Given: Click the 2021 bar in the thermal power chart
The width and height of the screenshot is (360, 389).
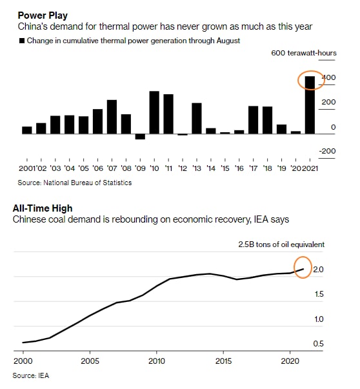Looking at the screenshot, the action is pos(310,105).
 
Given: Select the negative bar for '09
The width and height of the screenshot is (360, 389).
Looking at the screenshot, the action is pos(140,137).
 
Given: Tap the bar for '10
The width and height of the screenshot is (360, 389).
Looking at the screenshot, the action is pos(154,113).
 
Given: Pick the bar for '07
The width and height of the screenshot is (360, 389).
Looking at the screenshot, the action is pos(112,117).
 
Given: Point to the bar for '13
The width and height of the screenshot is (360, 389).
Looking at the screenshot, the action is pos(197,119).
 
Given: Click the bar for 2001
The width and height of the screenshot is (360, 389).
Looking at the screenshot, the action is pos(27,130).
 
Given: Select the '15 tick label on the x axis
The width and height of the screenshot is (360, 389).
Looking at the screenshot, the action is pos(225,168).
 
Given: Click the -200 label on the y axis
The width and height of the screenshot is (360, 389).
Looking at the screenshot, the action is pos(327,151).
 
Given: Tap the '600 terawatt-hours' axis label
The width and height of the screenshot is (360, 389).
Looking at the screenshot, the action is pos(304,53).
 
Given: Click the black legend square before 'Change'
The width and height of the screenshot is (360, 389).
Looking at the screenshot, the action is pos(22,41).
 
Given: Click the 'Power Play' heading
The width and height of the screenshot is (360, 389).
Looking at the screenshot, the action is pos(43,15).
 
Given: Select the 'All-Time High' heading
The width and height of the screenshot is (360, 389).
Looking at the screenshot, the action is pos(43,208).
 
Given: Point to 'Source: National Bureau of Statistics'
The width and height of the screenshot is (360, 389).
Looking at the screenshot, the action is pos(75,183).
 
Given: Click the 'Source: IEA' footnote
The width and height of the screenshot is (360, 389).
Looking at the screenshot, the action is pos(31,375).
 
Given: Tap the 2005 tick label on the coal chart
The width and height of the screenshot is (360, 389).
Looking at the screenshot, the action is pos(90,361).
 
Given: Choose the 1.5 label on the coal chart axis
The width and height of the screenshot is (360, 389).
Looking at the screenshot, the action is pos(319,294).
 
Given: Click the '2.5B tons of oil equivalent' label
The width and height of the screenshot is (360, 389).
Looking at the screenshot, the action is pos(281,244).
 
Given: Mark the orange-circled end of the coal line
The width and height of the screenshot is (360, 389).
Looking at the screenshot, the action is pos(303,269).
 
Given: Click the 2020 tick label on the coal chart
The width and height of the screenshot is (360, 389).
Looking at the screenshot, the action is pos(290,361).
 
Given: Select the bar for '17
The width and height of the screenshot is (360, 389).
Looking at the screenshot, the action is pos(254,120).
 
